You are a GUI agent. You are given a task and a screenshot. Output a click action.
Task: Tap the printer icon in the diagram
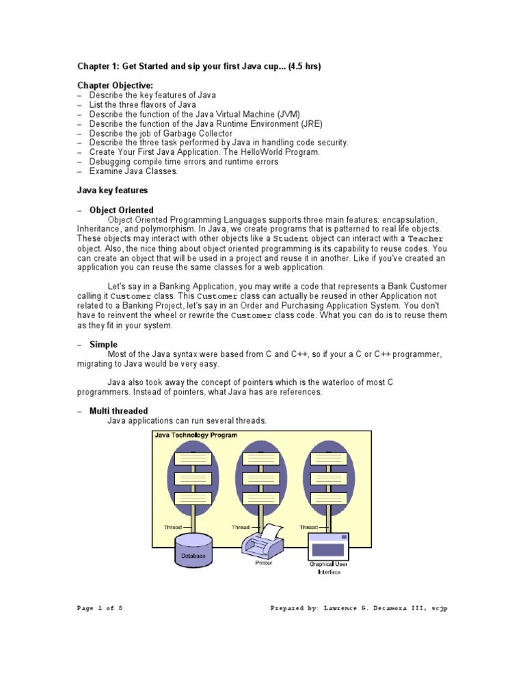[262, 542]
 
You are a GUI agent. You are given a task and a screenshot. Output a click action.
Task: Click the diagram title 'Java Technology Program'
[196, 435]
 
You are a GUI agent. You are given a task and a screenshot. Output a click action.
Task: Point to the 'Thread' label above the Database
[172, 527]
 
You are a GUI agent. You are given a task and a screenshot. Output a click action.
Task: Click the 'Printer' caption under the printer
[264, 563]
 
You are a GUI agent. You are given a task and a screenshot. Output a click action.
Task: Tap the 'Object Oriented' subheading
[121, 210]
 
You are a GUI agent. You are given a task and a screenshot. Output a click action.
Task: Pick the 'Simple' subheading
[103, 345]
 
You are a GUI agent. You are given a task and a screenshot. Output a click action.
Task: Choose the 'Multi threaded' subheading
[118, 411]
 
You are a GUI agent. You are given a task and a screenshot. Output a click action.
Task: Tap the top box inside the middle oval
[262, 458]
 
